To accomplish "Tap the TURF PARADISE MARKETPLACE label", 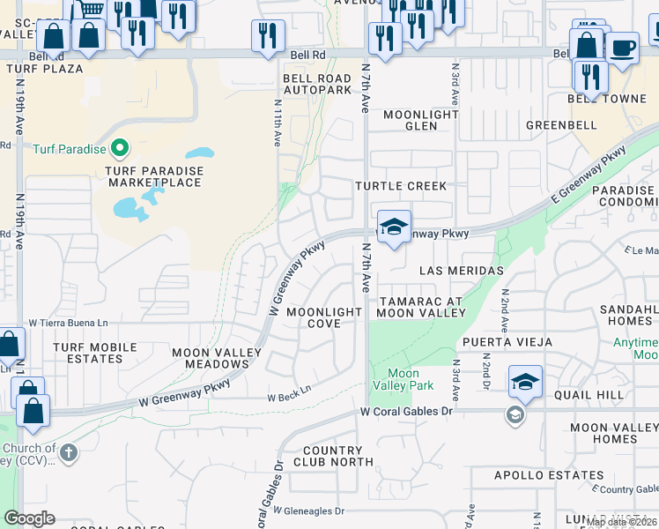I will point(155,176).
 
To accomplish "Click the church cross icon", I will point(69,453).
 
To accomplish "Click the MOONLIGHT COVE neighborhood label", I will point(324,317).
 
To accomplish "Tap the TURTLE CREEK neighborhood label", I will point(401,187).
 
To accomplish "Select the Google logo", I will point(29,518).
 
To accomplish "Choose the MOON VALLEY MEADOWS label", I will point(217,358).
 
